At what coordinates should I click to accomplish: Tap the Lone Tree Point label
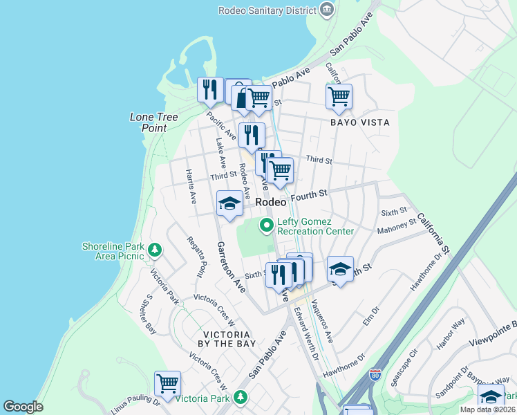149,122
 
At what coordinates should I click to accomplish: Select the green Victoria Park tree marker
240,397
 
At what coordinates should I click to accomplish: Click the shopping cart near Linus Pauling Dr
167,383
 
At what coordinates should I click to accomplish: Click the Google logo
23,407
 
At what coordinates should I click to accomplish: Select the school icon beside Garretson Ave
229,203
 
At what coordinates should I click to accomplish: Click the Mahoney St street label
397,226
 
